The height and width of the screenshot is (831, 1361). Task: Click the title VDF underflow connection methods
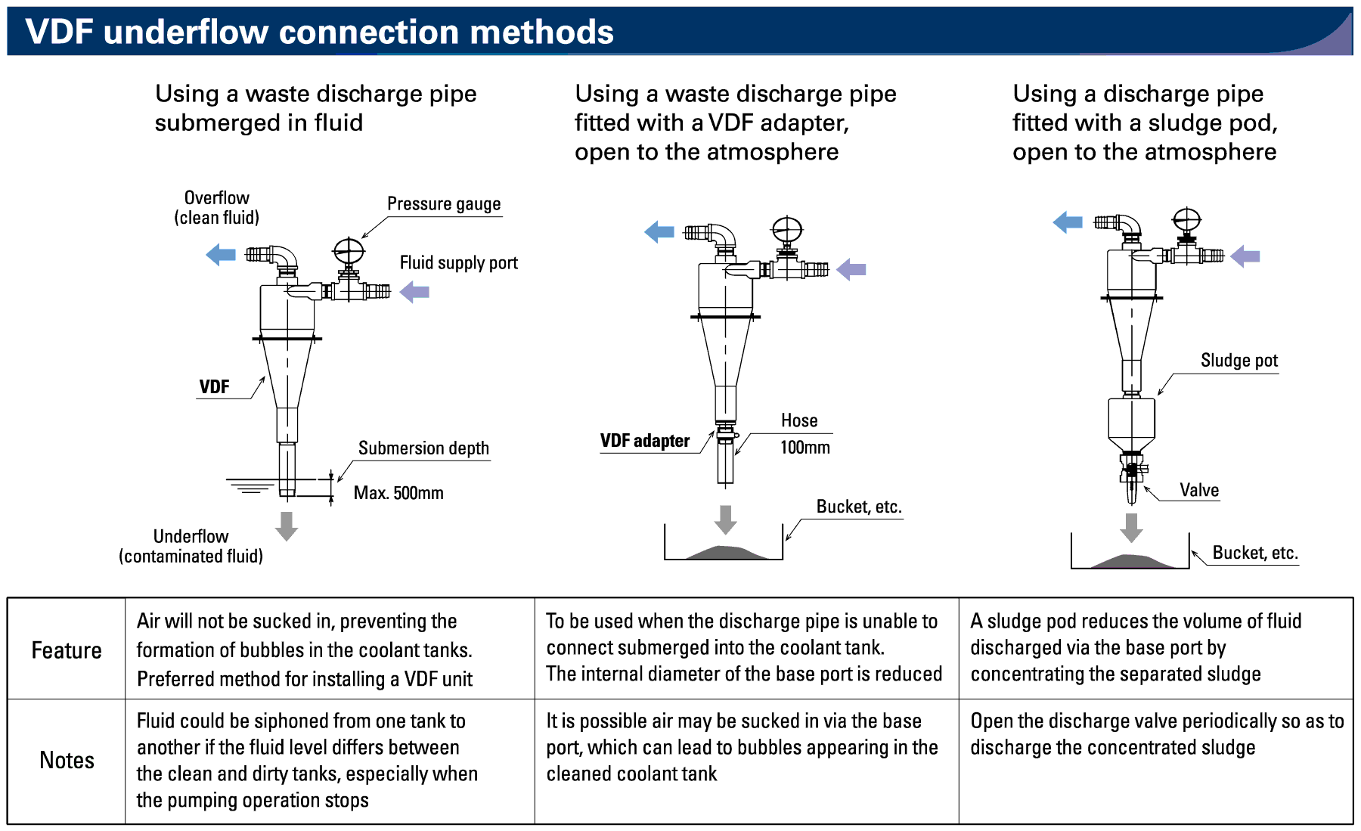[x=319, y=32]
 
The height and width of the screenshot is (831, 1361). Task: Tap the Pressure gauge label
[x=444, y=204]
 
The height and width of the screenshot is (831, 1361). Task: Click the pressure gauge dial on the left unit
[x=349, y=250]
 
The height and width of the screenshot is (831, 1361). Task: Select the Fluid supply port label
[x=458, y=263]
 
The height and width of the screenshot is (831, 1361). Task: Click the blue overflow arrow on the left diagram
[x=221, y=254]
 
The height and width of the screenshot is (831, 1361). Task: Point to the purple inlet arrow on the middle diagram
[x=852, y=269]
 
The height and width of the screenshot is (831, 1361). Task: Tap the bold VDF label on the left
[x=214, y=387]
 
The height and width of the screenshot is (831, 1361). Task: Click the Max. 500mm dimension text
[x=398, y=493]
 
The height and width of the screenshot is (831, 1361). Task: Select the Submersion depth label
[x=423, y=448]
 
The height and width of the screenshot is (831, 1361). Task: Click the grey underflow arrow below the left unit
[x=287, y=526]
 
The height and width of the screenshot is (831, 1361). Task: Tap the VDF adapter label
[x=644, y=441]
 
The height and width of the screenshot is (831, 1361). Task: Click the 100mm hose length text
[x=805, y=448]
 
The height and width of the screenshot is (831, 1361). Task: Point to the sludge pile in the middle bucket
[x=724, y=553]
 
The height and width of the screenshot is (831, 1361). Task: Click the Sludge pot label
[x=1239, y=361]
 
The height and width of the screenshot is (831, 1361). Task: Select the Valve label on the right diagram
[x=1199, y=491]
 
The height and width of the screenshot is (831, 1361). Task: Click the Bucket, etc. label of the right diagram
[x=1255, y=553]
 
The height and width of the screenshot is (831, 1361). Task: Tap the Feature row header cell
[x=67, y=650]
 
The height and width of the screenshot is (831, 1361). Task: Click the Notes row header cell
[x=67, y=760]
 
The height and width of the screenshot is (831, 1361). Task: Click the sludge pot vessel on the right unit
[x=1131, y=423]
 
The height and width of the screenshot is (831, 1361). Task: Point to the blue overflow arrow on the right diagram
[x=1068, y=222]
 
